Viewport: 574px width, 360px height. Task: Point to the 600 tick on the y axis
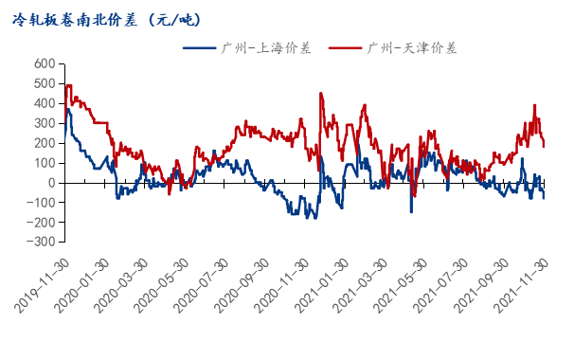(44, 64)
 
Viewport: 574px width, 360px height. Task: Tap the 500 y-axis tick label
(44, 84)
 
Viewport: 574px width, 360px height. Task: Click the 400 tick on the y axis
(44, 104)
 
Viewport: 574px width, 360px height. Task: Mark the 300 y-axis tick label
(44, 124)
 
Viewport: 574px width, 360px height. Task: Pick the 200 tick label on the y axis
(44, 144)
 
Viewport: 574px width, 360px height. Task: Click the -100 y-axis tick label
(41, 203)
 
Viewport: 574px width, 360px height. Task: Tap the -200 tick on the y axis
(41, 223)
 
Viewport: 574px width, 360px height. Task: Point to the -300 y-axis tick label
(41, 243)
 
